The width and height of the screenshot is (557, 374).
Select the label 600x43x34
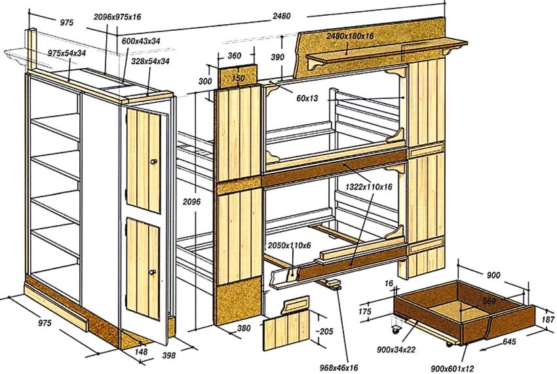(x=141, y=41)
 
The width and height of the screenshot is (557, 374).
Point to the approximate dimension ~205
(x=318, y=329)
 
